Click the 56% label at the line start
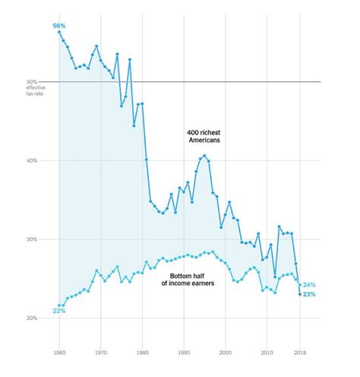click(x=58, y=26)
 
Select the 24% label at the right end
click(x=309, y=285)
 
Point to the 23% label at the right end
click(x=309, y=294)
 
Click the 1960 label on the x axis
click(x=59, y=353)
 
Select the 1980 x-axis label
click(x=142, y=353)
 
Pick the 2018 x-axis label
click(x=300, y=353)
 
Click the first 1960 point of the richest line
click(x=59, y=32)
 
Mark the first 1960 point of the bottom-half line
click(x=59, y=306)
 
